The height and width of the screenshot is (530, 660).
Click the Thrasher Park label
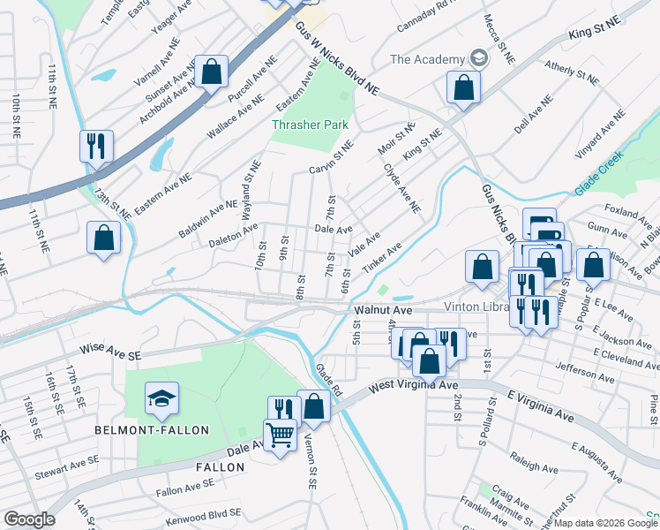click(x=310, y=125)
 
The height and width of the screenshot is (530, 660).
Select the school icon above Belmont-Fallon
click(x=161, y=400)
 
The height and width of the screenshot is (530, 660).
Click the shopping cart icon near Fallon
click(x=281, y=434)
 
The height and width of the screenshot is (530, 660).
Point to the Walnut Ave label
click(x=383, y=311)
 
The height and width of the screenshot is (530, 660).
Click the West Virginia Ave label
click(x=413, y=386)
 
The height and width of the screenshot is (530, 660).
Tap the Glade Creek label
click(x=599, y=171)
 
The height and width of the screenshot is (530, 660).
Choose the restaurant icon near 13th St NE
click(x=96, y=145)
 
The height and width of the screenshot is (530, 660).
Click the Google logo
click(x=28, y=519)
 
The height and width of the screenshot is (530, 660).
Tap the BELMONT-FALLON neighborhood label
click(x=153, y=430)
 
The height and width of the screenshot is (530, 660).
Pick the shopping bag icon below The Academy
click(x=463, y=87)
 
